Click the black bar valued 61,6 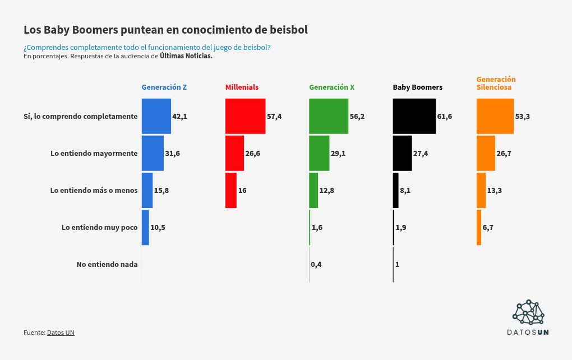coord(414,116)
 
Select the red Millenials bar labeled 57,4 coord(245,116)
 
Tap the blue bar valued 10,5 coord(145,227)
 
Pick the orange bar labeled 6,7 coord(479,227)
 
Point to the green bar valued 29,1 coord(319,153)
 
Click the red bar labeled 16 coord(230,190)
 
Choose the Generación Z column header coord(164,87)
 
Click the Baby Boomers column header coord(417,87)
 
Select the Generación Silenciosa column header coord(496,84)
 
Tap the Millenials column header coord(242,87)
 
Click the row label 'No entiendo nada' coord(107,264)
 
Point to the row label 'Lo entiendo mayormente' coord(94,153)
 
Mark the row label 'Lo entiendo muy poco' coord(99,227)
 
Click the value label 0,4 coord(316,264)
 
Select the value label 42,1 coord(179,116)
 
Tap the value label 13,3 coord(494,190)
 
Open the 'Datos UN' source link coord(61,333)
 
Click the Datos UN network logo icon coord(528,312)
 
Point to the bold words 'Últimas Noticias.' coord(186,56)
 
